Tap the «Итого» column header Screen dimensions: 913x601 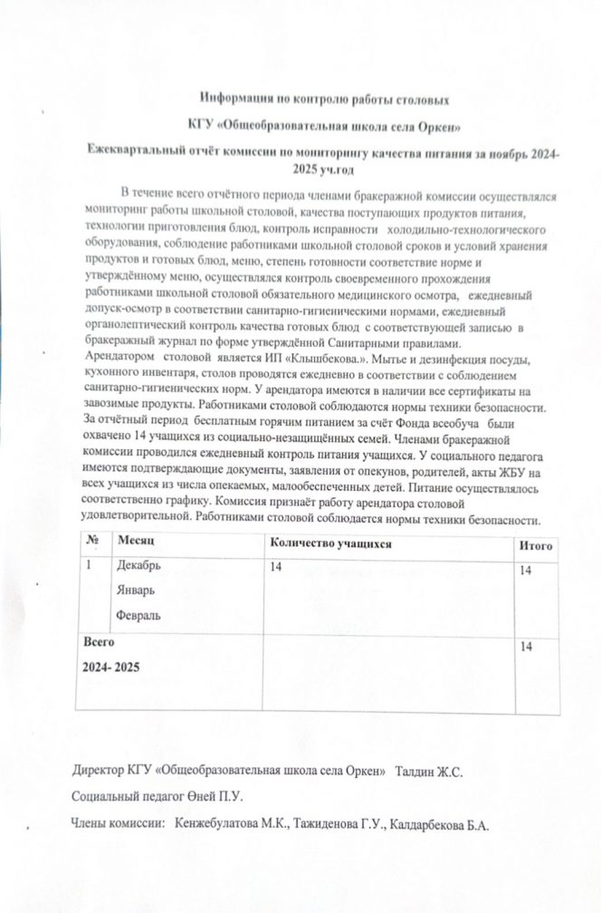[x=535, y=546]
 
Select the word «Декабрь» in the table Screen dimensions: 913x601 [x=138, y=566]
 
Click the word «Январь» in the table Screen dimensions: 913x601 [x=135, y=590]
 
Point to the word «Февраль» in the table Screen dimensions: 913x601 [x=138, y=615]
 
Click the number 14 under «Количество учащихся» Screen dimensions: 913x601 [x=277, y=567]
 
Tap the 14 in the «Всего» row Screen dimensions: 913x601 [x=526, y=645]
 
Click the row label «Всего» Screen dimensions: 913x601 [x=99, y=641]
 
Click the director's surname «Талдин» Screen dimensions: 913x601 [x=415, y=770]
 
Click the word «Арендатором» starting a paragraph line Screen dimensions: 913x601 [x=115, y=356]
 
